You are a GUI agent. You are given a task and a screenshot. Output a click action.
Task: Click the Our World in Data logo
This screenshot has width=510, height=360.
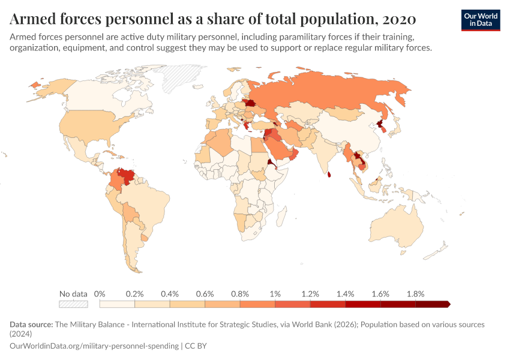pos(480,19)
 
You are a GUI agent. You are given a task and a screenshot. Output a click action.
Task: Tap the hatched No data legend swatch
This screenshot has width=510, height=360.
pos(73,304)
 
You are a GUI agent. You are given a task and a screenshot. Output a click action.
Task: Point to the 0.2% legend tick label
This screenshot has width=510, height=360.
pos(134,294)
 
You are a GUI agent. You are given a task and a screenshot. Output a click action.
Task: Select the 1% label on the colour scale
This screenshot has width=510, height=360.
pos(275,294)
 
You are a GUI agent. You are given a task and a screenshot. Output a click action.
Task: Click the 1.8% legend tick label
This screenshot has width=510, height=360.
pos(415,294)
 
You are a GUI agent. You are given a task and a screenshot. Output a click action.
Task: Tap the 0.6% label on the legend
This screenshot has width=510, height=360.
pos(205,294)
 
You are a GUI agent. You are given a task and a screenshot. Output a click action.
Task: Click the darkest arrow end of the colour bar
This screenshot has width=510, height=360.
pos(448,304)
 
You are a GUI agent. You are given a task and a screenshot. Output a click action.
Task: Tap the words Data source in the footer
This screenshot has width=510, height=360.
pos(31,325)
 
